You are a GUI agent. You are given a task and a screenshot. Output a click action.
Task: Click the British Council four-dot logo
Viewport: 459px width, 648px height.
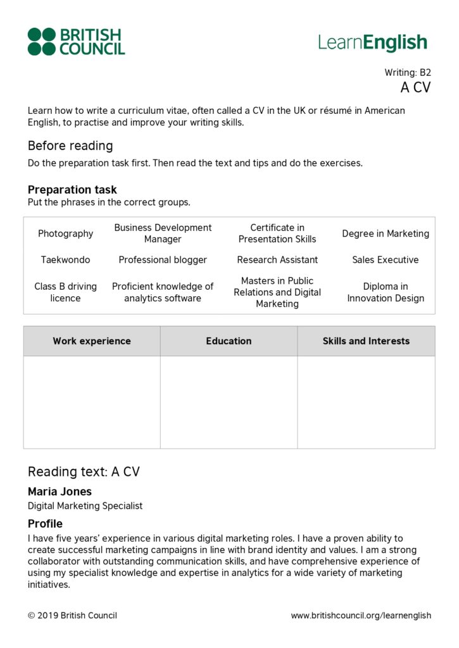click(x=42, y=42)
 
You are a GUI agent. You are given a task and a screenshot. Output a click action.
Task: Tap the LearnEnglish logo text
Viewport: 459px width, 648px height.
click(x=372, y=42)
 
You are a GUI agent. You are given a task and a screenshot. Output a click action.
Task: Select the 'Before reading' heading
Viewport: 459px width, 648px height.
click(x=70, y=146)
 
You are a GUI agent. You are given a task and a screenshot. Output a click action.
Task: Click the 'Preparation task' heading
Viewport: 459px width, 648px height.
click(x=72, y=190)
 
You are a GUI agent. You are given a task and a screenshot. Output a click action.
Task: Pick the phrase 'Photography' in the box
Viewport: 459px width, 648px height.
click(x=65, y=234)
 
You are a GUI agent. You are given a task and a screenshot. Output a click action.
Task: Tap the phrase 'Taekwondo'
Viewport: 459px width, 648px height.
click(x=65, y=259)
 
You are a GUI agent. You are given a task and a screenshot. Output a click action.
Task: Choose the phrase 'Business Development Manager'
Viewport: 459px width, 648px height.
click(x=163, y=234)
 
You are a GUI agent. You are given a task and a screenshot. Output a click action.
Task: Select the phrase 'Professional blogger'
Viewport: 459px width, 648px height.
click(x=163, y=259)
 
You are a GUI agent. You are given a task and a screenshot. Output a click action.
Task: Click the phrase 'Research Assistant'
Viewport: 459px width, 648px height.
click(x=277, y=259)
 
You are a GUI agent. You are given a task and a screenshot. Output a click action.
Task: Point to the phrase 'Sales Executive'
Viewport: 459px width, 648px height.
click(x=385, y=259)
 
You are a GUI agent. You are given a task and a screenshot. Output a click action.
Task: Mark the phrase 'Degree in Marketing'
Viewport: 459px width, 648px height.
click(x=385, y=234)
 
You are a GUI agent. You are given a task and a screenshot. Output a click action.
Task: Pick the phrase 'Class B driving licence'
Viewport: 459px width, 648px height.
click(x=65, y=292)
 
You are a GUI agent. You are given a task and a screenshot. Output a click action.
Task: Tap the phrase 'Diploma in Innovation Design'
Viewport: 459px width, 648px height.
click(x=385, y=292)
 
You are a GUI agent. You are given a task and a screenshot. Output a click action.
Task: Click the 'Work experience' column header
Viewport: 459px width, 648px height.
click(x=92, y=341)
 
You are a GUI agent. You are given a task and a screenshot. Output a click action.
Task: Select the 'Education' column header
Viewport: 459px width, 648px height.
click(x=229, y=341)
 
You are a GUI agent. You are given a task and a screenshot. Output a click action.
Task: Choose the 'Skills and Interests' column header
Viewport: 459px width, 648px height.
click(x=366, y=341)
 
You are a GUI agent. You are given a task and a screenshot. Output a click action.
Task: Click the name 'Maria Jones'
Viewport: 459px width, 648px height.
click(x=60, y=492)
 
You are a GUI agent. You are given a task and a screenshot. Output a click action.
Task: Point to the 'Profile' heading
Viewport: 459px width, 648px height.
click(x=45, y=524)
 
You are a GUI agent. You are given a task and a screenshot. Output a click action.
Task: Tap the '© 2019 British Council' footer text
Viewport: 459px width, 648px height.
click(x=72, y=615)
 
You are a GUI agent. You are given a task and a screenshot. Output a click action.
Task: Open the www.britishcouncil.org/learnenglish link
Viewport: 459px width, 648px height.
click(x=361, y=615)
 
